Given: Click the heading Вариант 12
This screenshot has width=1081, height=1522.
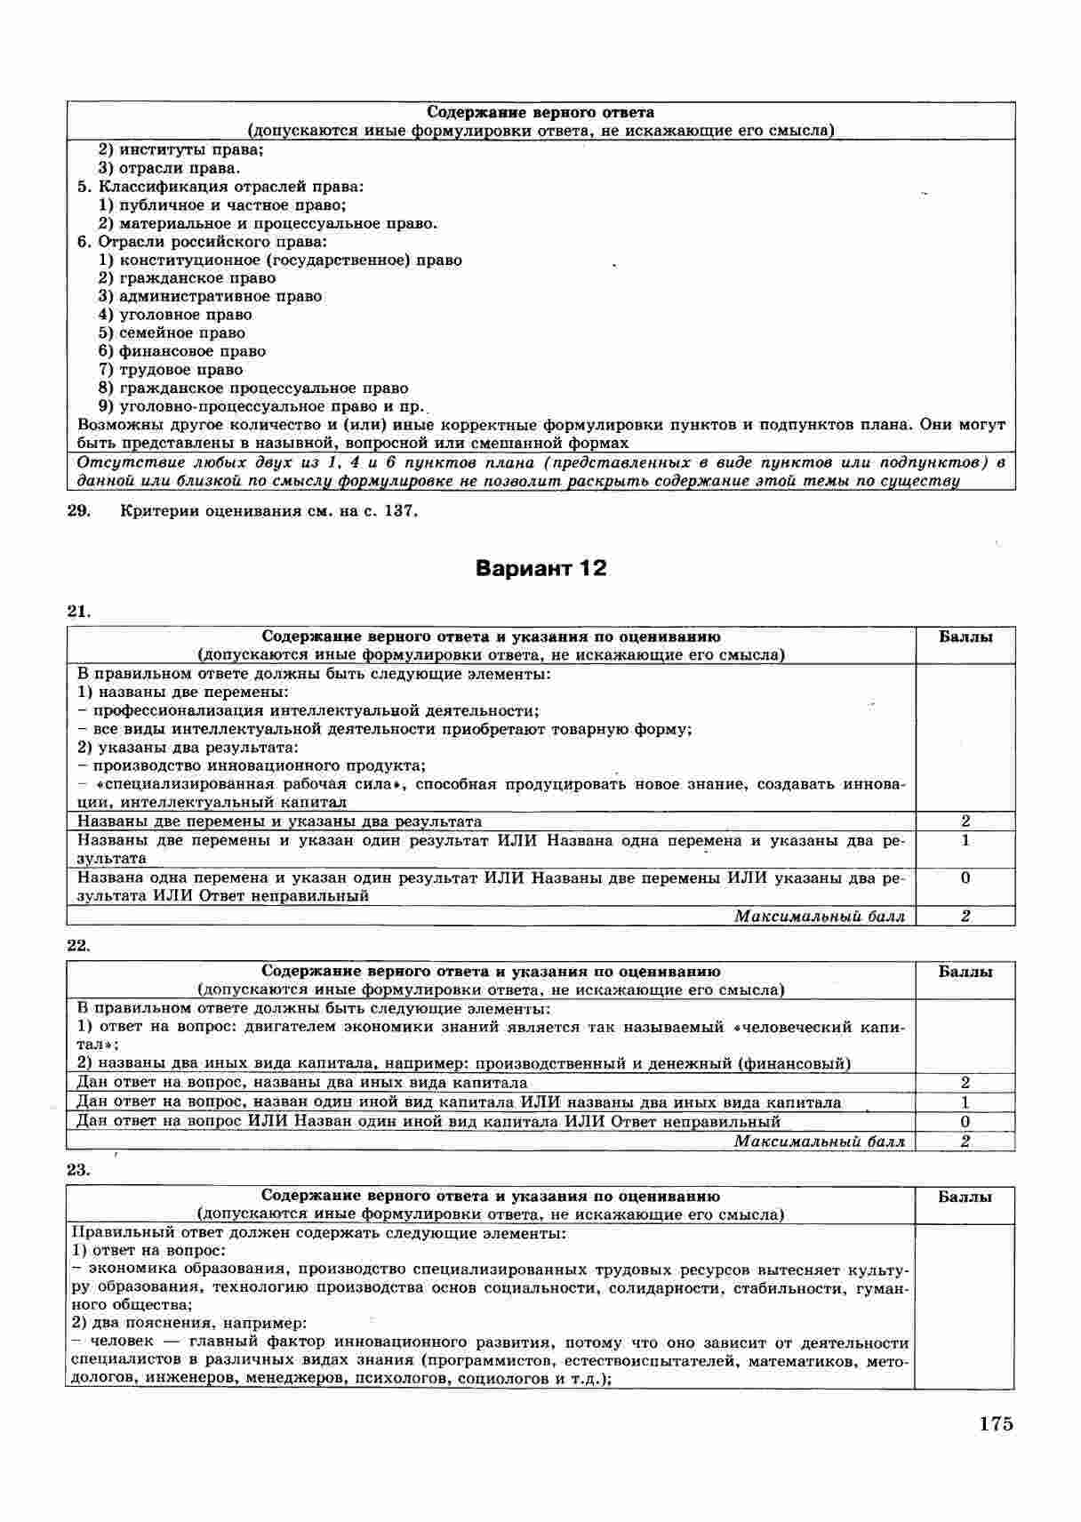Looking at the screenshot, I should (540, 568).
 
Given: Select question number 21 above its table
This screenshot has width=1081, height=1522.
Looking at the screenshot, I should (79, 611).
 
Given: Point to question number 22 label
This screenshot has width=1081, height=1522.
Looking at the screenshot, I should (79, 945).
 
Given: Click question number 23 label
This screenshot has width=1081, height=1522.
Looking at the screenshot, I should (79, 1170).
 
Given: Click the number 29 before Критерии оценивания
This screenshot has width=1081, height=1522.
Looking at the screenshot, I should (79, 511).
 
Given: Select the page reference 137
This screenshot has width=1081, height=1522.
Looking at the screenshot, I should (399, 511).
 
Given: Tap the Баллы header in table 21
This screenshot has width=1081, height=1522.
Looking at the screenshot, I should (965, 637).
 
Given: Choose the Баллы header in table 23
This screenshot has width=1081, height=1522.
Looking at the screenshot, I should (965, 1197).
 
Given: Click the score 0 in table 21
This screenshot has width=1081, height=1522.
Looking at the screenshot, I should (965, 877).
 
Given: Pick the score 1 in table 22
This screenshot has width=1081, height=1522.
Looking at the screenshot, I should (965, 1102).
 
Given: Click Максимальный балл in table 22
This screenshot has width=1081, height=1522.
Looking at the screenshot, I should (819, 1141).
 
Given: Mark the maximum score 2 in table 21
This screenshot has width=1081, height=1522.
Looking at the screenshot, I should (965, 916).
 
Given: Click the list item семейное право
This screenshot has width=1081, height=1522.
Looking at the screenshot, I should (181, 333).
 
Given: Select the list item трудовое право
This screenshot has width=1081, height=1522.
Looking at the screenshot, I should (180, 370).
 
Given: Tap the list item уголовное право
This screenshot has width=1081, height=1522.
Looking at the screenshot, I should (185, 315).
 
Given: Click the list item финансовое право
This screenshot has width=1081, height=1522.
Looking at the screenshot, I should (192, 351).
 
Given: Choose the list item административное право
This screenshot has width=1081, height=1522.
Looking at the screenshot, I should (220, 297).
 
